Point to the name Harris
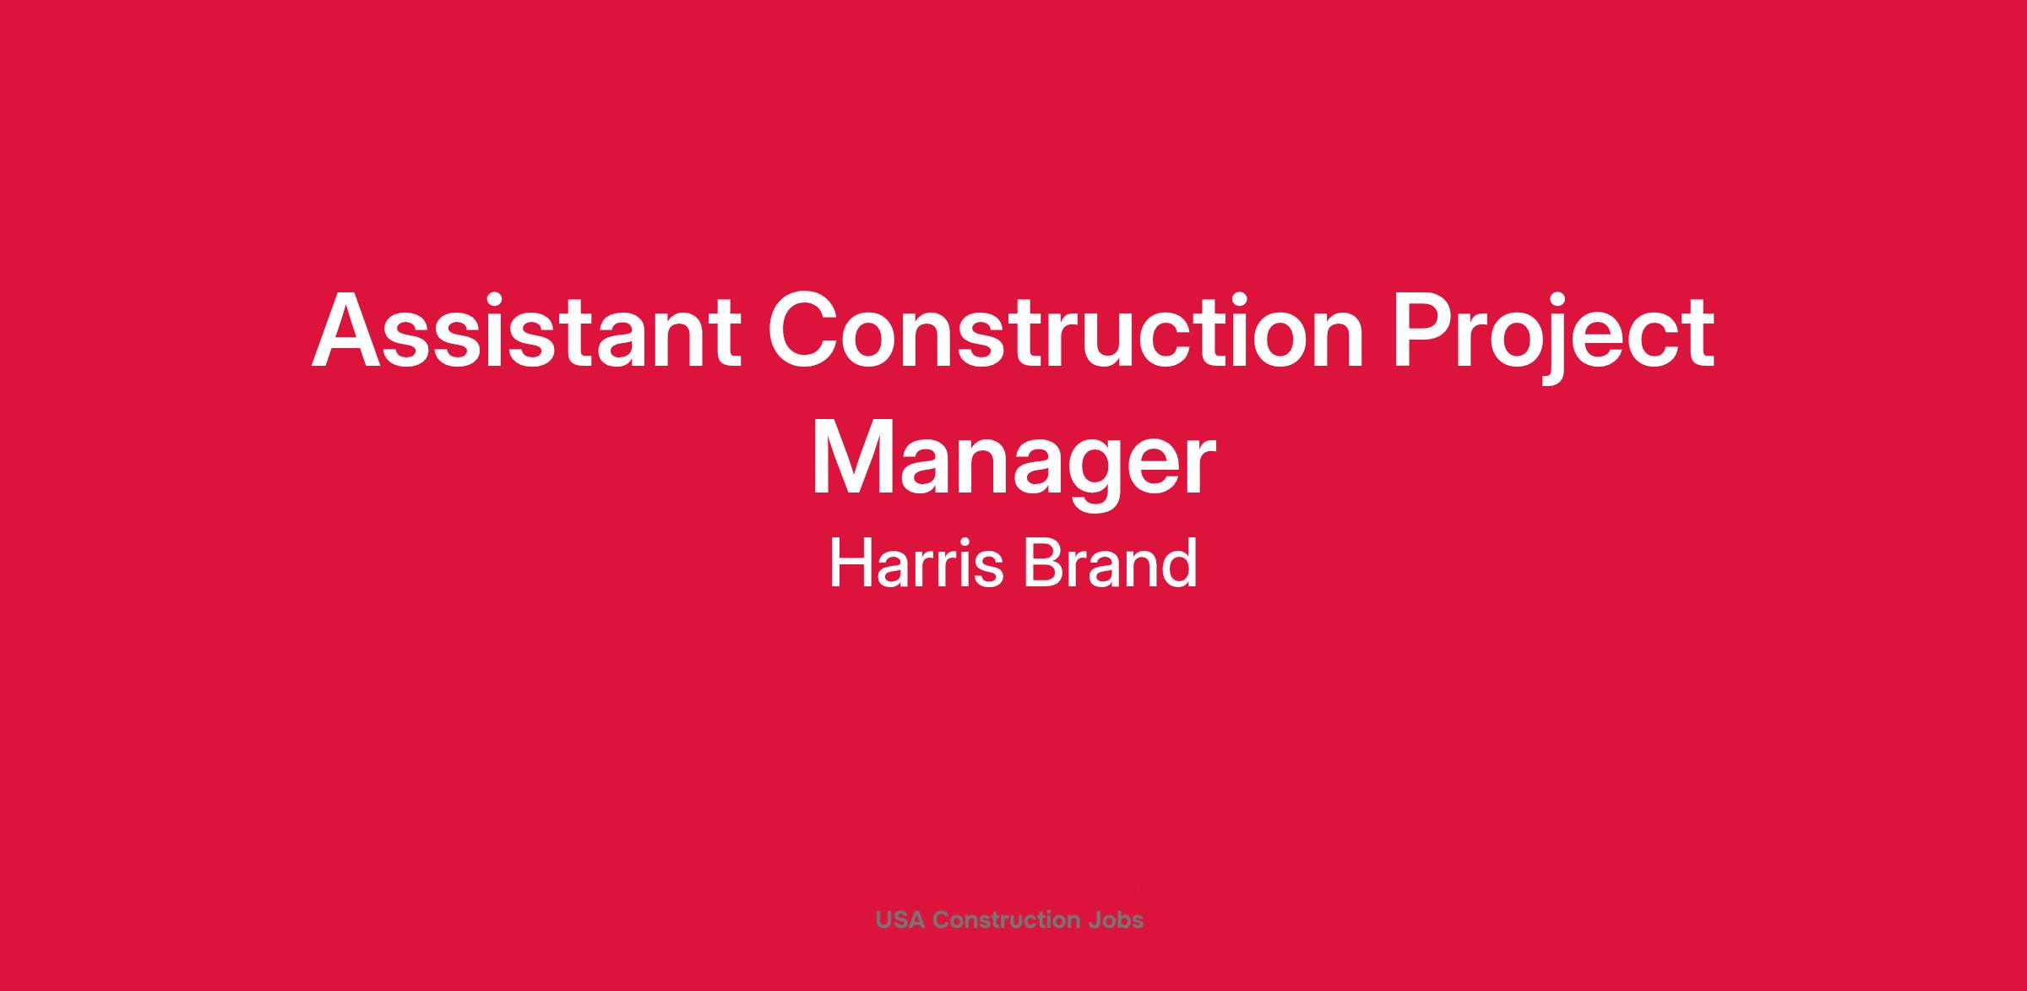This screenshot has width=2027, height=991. click(x=916, y=564)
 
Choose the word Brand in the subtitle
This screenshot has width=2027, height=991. click(x=1111, y=564)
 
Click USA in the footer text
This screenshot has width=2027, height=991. click(x=900, y=920)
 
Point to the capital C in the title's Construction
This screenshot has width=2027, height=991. click(x=803, y=330)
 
